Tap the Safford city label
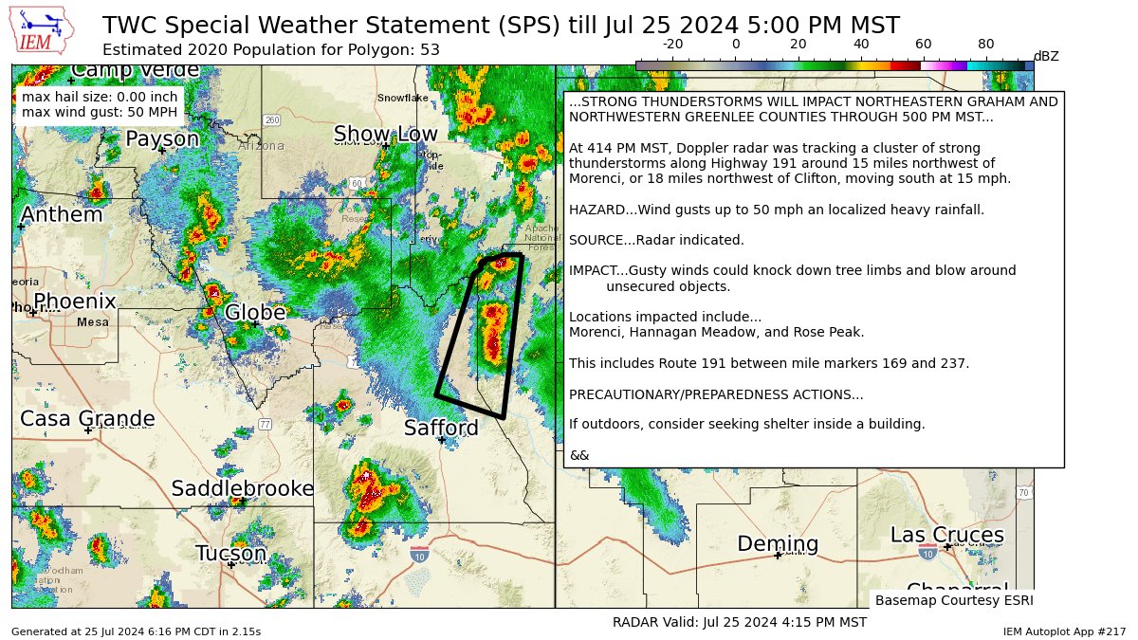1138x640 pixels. pyautogui.click(x=441, y=428)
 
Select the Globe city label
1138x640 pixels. pyautogui.click(x=255, y=312)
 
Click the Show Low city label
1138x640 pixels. pyautogui.click(x=385, y=135)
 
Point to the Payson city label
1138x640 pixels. pyautogui.click(x=162, y=139)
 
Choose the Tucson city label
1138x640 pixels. pyautogui.click(x=230, y=553)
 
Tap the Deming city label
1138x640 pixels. pyautogui.click(x=778, y=544)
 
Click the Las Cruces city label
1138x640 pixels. pyautogui.click(x=946, y=535)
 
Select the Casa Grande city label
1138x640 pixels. pyautogui.click(x=87, y=418)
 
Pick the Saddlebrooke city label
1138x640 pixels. pyautogui.click(x=242, y=488)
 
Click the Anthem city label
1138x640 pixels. pyautogui.click(x=61, y=215)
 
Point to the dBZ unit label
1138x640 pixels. pyautogui.click(x=1045, y=56)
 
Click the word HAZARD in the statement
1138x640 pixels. pyautogui.click(x=595, y=210)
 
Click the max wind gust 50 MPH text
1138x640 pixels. pyautogui.click(x=99, y=113)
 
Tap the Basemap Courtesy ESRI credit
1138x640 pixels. pyautogui.click(x=953, y=600)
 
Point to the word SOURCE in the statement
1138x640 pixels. pyautogui.click(x=595, y=240)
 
